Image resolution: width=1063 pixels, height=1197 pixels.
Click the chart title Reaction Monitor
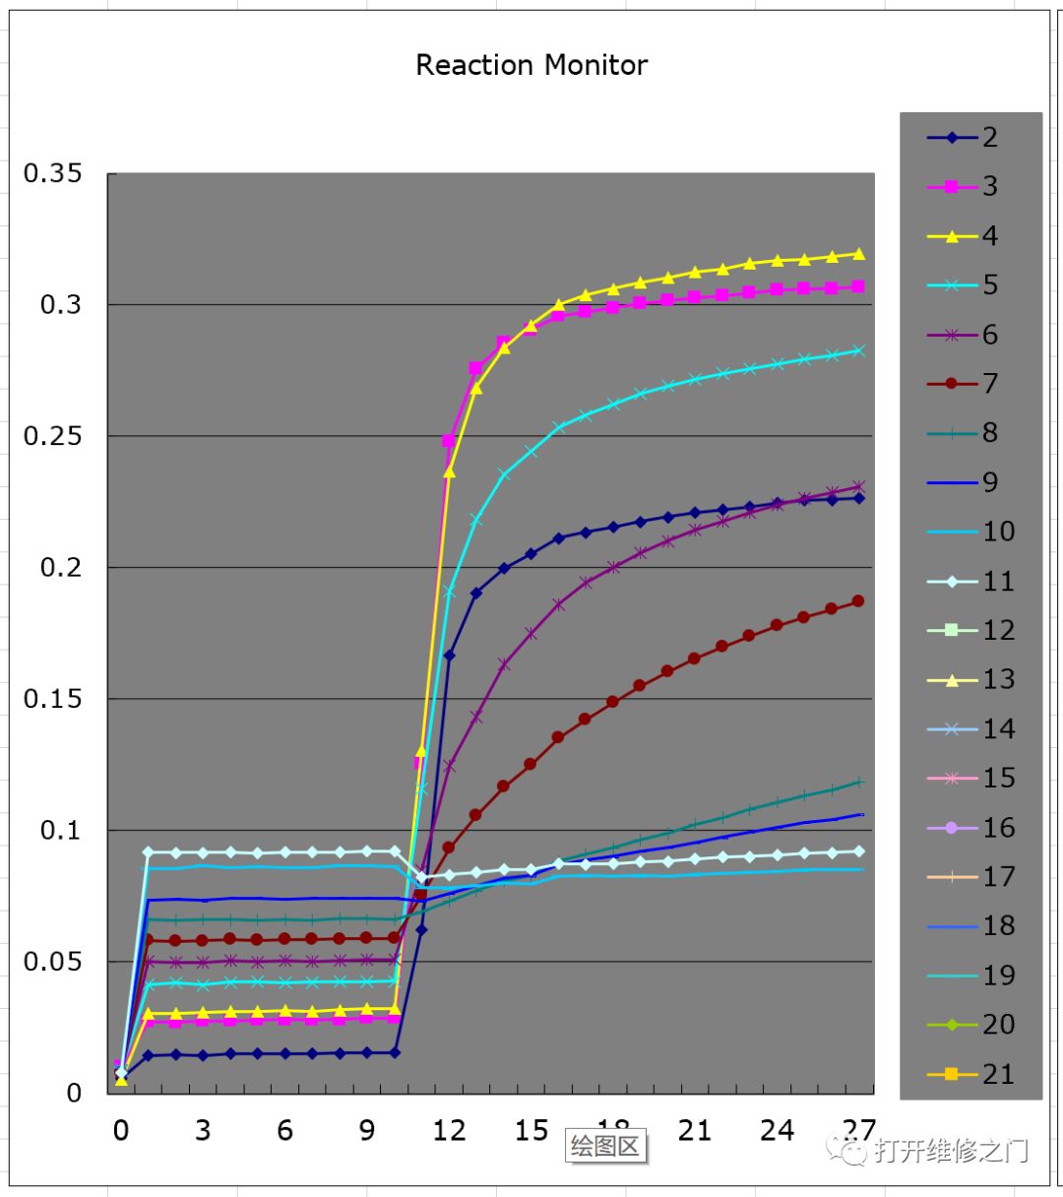tap(531, 65)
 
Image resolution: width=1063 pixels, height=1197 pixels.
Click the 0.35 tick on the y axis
tap(52, 173)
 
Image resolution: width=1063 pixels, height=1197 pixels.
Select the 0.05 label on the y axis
tap(52, 961)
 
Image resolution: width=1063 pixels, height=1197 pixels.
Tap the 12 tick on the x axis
tap(449, 1130)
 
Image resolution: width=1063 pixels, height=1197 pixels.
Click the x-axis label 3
tap(203, 1130)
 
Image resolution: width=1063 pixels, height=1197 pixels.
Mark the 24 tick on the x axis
tap(777, 1130)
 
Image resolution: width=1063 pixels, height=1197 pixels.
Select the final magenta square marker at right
tap(858, 286)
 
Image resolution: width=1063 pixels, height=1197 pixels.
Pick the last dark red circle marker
tap(858, 600)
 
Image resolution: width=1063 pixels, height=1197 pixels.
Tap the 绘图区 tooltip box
tap(605, 1146)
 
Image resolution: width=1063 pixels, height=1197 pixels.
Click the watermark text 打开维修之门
tap(951, 1150)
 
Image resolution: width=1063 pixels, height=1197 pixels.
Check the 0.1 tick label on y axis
tap(60, 830)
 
